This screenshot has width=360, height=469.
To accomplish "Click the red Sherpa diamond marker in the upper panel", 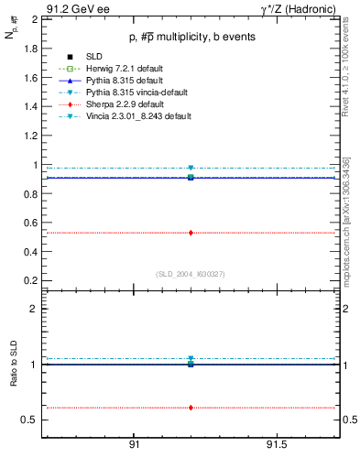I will [x=191, y=233].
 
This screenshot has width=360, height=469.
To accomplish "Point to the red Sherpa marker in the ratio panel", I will [x=191, y=408].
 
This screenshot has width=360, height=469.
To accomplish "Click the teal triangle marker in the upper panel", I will [x=191, y=169].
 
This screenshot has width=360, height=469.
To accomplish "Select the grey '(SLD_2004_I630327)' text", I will [x=190, y=274].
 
